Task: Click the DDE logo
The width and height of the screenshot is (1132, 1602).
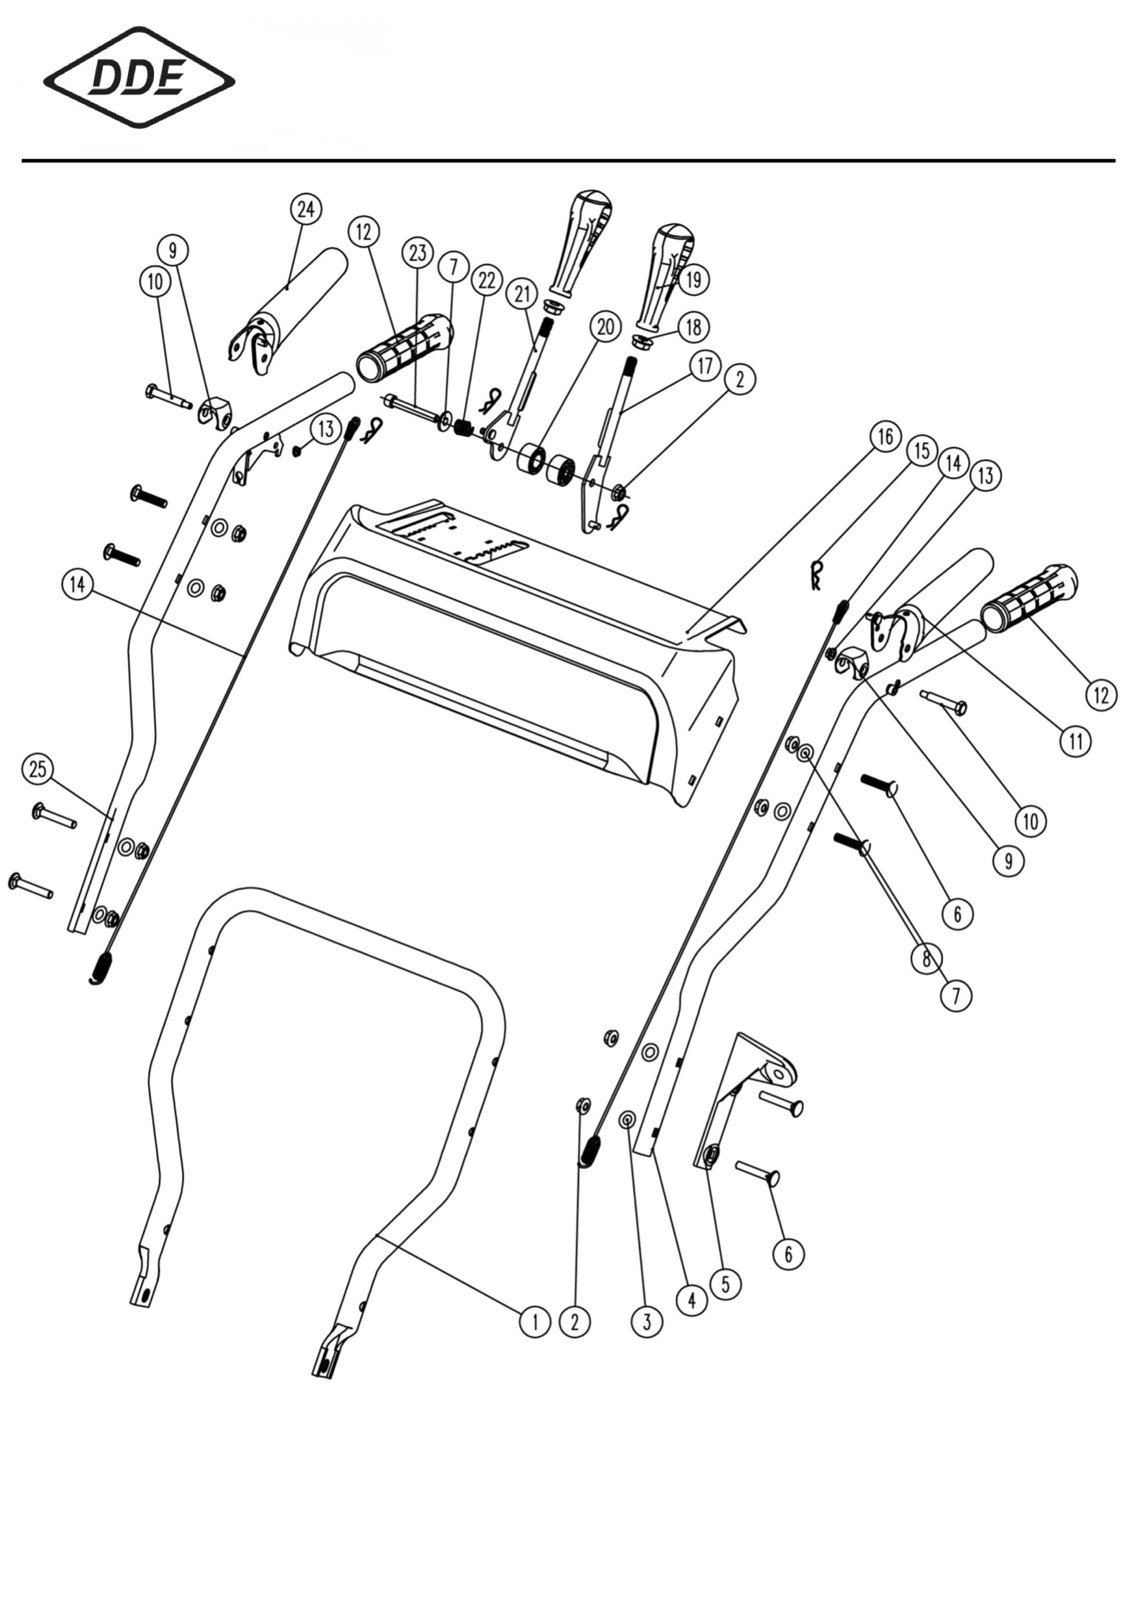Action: pos(139,77)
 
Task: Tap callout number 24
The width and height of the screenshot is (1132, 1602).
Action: pos(305,209)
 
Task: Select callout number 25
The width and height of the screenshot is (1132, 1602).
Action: pos(38,769)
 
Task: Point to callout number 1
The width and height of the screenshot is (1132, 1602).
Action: pos(534,1321)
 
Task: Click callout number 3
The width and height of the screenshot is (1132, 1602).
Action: pos(646,1321)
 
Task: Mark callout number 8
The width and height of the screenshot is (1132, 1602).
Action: pos(927,959)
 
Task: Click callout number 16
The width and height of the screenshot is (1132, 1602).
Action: pos(885,437)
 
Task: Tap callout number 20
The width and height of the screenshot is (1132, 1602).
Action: pos(605,327)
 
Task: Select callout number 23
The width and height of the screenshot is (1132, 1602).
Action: pos(417,253)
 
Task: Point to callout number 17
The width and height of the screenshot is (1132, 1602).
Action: pos(705,365)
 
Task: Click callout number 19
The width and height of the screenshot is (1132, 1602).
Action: pos(692,280)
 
